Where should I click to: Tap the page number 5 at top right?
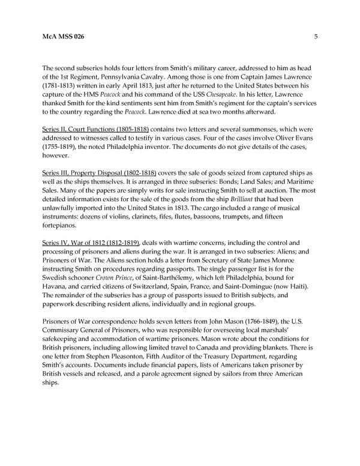tap(316, 37)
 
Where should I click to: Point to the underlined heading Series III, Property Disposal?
tap(95, 172)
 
